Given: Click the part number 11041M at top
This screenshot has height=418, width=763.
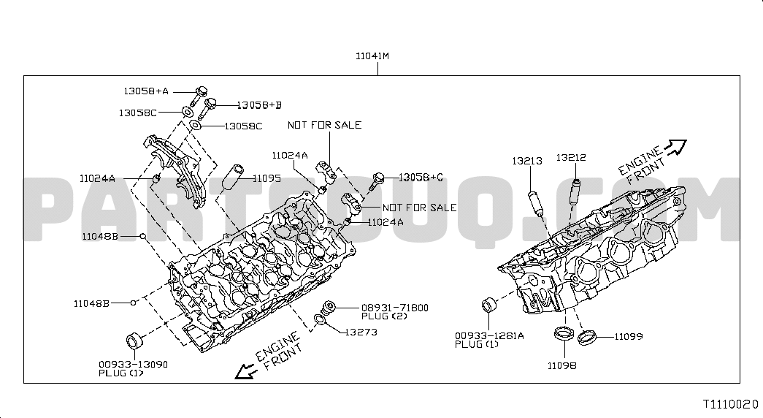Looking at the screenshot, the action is pyautogui.click(x=372, y=56).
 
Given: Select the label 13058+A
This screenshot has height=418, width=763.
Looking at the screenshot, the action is pyautogui.click(x=146, y=91).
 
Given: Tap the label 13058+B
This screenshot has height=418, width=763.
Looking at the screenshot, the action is pyautogui.click(x=259, y=105).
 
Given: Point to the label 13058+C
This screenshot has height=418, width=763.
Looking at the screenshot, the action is pyautogui.click(x=421, y=178).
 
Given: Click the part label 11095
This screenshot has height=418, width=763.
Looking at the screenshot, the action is pyautogui.click(x=267, y=179).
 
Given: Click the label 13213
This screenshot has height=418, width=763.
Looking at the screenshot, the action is pyautogui.click(x=527, y=161).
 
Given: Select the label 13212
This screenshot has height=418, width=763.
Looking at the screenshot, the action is pyautogui.click(x=571, y=158).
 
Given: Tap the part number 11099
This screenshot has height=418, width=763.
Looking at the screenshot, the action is pyautogui.click(x=628, y=337).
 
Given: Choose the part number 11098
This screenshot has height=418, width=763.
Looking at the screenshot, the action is pyautogui.click(x=562, y=366).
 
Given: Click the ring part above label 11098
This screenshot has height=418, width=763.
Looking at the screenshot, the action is pyautogui.click(x=564, y=334).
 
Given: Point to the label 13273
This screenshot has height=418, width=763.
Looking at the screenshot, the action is pyautogui.click(x=361, y=332).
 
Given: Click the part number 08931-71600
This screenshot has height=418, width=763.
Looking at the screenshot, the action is pyautogui.click(x=394, y=308).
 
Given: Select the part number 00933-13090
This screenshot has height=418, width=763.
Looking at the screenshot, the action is pyautogui.click(x=134, y=365).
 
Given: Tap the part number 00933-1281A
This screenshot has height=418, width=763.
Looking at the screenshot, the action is pyautogui.click(x=489, y=335).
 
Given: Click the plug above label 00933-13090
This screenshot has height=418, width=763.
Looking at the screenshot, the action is pyautogui.click(x=134, y=340).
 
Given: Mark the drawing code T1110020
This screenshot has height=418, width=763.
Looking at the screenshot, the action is pyautogui.click(x=731, y=404).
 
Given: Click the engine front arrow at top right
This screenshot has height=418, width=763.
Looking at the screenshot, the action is pyautogui.click(x=676, y=146).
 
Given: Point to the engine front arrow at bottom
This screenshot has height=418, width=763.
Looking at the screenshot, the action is pyautogui.click(x=246, y=372).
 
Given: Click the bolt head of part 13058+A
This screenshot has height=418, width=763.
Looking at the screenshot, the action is pyautogui.click(x=202, y=91).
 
